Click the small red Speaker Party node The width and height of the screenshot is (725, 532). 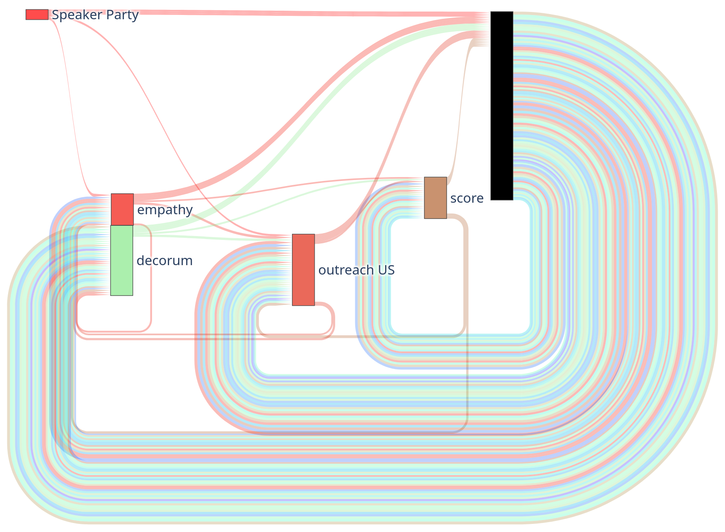click(x=37, y=15)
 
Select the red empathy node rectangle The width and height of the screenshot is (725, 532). click(x=122, y=209)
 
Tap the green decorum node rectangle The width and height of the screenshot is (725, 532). click(x=122, y=260)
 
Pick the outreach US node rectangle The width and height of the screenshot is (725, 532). click(x=303, y=269)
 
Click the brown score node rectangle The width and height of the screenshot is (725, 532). click(x=435, y=198)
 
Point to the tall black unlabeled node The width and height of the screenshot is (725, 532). click(x=501, y=106)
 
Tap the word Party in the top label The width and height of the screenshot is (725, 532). click(x=122, y=15)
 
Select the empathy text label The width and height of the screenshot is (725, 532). click(x=165, y=210)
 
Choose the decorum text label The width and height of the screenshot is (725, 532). click(x=164, y=260)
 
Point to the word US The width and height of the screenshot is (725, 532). click(x=386, y=270)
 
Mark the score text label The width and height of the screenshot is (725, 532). click(x=467, y=198)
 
